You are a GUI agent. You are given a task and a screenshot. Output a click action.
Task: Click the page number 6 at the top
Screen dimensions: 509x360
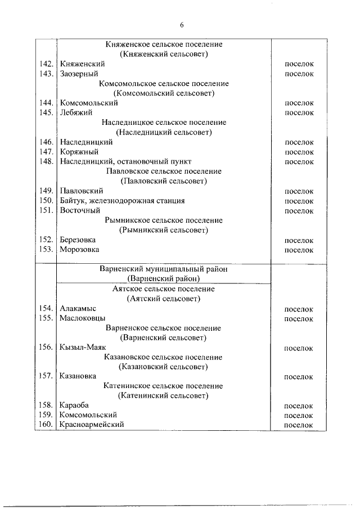click(x=182, y=25)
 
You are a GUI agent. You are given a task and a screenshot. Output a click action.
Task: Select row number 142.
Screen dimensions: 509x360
click(x=47, y=64)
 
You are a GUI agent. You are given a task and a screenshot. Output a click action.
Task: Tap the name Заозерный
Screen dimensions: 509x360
click(x=79, y=74)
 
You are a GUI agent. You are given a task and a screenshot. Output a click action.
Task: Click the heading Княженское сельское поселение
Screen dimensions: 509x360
click(x=164, y=44)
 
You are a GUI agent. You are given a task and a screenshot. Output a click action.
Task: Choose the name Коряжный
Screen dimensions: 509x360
click(x=79, y=152)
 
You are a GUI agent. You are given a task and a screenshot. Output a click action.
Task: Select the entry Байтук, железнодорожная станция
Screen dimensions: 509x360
click(x=121, y=201)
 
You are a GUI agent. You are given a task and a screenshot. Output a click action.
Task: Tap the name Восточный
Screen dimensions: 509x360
click(x=79, y=210)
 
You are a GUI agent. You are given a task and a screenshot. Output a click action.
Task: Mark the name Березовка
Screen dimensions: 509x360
click(x=78, y=240)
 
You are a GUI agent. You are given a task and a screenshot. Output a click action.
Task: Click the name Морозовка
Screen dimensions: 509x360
click(x=79, y=250)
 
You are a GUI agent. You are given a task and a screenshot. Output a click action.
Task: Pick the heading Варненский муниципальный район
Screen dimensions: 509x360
click(x=164, y=269)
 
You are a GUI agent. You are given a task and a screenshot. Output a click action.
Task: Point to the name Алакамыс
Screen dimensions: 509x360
click(x=78, y=309)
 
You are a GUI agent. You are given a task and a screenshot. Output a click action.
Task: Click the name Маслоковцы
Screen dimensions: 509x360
click(x=82, y=318)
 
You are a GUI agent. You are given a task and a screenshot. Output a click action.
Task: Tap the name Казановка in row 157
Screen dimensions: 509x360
click(x=78, y=376)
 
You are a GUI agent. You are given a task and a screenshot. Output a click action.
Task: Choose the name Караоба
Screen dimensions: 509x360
click(x=74, y=405)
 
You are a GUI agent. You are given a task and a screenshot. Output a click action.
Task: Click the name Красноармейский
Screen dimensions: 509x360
click(x=91, y=425)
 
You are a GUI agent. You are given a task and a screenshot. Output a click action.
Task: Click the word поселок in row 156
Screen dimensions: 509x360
click(x=299, y=348)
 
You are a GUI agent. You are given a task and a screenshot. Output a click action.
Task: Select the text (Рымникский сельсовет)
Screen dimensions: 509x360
click(x=164, y=230)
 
